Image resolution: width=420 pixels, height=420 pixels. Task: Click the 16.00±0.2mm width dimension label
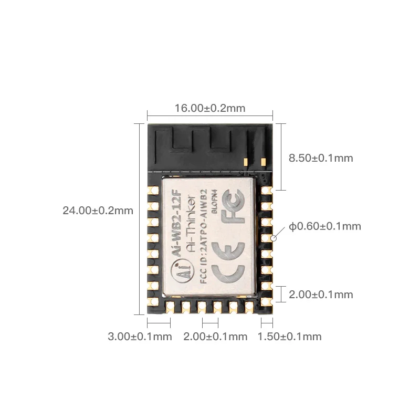[x=210, y=108]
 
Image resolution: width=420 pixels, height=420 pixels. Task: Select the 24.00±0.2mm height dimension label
[x=98, y=211]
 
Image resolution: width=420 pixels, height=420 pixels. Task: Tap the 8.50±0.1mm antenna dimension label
[x=321, y=158]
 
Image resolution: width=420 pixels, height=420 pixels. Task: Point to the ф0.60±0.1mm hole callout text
[x=325, y=226]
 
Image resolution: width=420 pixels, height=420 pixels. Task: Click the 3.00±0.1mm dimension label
[x=140, y=337]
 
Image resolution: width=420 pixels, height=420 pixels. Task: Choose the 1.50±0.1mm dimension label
[x=290, y=337]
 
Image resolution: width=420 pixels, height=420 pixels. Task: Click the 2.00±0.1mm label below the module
[x=215, y=337]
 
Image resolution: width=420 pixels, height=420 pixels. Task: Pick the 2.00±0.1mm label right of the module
[x=321, y=295]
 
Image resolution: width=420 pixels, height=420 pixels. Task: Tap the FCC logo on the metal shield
[x=233, y=206]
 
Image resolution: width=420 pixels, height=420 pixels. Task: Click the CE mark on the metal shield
[x=228, y=263]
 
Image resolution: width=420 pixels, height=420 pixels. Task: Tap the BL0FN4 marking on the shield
[x=214, y=202]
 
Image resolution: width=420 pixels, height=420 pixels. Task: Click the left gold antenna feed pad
[x=246, y=162]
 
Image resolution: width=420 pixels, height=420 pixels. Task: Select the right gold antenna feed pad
[x=264, y=162]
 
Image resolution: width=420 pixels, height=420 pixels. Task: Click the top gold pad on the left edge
[x=153, y=191]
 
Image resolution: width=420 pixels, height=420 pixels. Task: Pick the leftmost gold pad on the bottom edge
[x=170, y=307]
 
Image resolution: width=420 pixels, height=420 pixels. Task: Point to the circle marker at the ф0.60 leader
[x=274, y=238]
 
